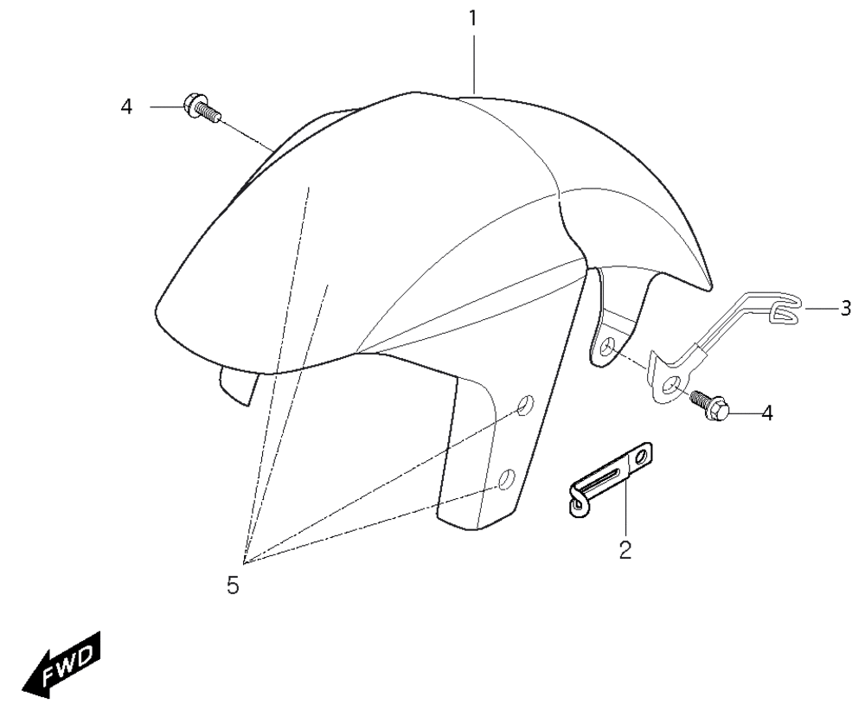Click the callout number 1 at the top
tap(473, 18)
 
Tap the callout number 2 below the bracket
tap(625, 550)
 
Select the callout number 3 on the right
tap(846, 308)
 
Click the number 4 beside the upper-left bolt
tap(127, 106)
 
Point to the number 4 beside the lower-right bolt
tap(766, 413)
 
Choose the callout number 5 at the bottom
tap(233, 586)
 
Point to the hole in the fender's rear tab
tap(608, 347)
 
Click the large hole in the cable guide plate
tap(672, 385)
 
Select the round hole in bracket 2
tap(641, 457)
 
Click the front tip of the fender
tap(157, 309)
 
